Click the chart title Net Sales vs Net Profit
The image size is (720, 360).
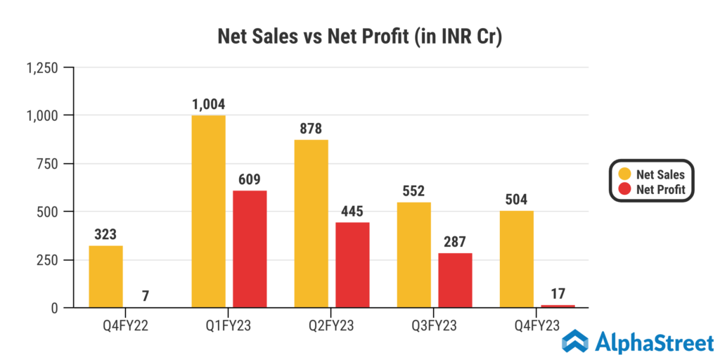click(359, 37)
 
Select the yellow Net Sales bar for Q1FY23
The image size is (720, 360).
click(208, 211)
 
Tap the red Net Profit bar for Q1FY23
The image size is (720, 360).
click(250, 249)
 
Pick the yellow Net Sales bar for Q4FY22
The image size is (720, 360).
click(105, 276)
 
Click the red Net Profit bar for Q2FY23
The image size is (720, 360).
click(352, 265)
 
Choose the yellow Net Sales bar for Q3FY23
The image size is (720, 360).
click(413, 255)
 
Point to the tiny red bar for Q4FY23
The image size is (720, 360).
click(558, 306)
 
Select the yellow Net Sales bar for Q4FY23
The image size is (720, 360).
click(516, 259)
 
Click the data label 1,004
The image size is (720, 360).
click(208, 105)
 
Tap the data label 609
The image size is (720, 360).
click(250, 180)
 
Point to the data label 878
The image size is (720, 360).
click(311, 129)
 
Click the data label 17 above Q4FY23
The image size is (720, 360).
click(558, 294)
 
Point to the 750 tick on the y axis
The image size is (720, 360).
click(49, 164)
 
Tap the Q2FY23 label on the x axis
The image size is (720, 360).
click(331, 326)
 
